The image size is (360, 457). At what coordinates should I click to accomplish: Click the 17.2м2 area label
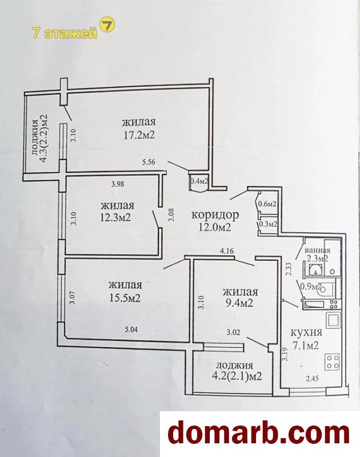[x=139, y=135]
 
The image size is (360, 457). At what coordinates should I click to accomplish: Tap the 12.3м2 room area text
[x=115, y=217]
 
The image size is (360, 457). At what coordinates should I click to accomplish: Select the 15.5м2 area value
[x=125, y=298]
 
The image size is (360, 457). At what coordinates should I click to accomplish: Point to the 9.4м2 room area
[x=238, y=303]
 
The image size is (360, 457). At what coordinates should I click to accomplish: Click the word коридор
[x=215, y=215]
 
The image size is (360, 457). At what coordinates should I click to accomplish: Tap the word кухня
[x=306, y=333]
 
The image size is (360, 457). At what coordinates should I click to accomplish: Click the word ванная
[x=317, y=251]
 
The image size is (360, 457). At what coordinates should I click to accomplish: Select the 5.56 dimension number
[x=149, y=162]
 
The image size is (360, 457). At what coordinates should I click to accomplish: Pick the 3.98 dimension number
[x=118, y=184]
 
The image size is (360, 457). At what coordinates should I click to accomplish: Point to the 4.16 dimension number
[x=227, y=251]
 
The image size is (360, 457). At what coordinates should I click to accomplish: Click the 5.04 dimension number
[x=131, y=329]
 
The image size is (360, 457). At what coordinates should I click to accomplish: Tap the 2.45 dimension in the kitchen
[x=312, y=379]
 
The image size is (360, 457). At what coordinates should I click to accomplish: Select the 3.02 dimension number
[x=234, y=332]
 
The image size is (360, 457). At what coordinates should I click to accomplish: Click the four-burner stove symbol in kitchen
[x=333, y=361]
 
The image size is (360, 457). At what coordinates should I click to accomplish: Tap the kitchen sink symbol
[x=333, y=320]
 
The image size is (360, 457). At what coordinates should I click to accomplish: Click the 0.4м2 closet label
[x=199, y=181]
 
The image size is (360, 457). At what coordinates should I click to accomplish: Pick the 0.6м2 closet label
[x=267, y=204]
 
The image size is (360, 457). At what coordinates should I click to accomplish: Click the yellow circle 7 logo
[x=107, y=26]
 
